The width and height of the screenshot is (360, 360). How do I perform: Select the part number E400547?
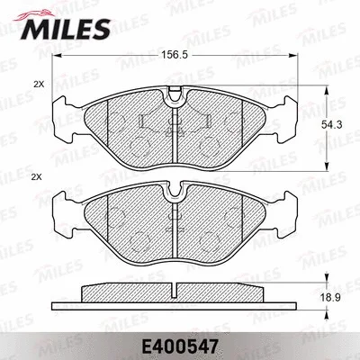(180, 345)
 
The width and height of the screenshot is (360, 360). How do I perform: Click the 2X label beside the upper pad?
(38, 84)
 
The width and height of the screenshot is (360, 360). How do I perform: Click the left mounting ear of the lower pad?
(63, 211)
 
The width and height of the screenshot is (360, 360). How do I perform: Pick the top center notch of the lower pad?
(177, 190)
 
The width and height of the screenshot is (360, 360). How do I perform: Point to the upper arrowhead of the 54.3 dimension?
(325, 90)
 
